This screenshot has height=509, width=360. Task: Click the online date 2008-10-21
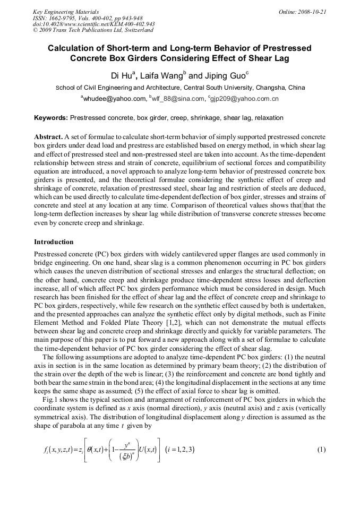click(312, 11)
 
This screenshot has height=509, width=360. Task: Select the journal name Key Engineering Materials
click(65, 11)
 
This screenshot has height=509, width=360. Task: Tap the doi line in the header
click(93, 24)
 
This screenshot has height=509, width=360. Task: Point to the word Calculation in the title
click(72, 48)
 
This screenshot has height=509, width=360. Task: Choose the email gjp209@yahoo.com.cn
click(245, 99)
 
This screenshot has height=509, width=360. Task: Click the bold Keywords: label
click(51, 118)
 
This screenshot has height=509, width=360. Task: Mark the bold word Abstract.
click(48, 137)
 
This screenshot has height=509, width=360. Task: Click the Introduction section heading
click(54, 242)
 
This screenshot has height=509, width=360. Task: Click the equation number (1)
click(321, 450)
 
